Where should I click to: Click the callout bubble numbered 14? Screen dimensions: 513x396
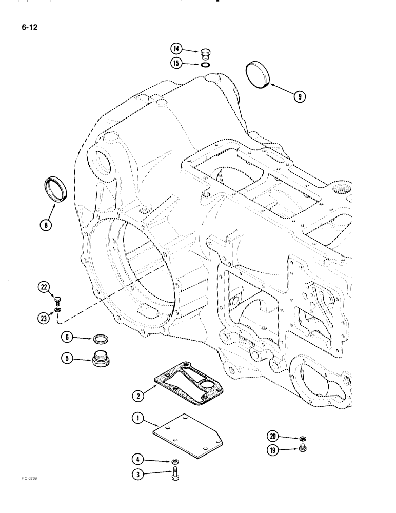coord(176,49)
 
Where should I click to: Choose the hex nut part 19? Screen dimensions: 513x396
coord(296,450)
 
